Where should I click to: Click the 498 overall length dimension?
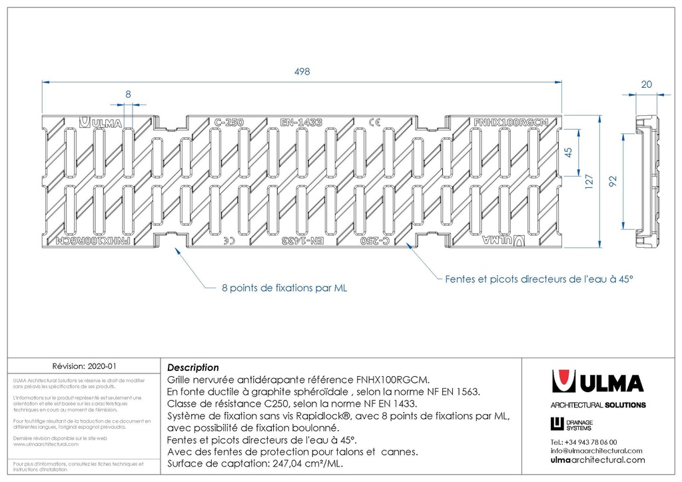302,73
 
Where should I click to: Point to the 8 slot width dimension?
129,95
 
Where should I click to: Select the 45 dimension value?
568,152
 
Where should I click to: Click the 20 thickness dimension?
647,85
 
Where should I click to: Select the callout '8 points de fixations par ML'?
284,289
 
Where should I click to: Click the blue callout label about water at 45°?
538,280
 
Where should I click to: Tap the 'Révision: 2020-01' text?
84,366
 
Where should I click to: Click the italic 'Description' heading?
192,367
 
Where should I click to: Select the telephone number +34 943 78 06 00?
583,442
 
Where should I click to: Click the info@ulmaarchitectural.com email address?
596,451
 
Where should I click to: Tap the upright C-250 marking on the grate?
228,122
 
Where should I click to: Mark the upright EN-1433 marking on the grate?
301,122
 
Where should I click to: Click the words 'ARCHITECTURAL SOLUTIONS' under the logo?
597,405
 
